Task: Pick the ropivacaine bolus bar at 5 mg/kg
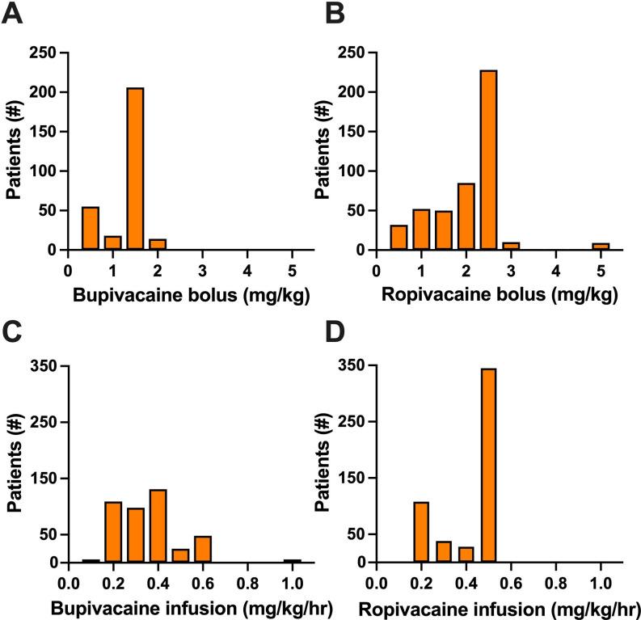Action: [x=600, y=247]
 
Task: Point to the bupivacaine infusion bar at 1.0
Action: [x=293, y=560]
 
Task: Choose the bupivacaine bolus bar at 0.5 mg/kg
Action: [x=91, y=229]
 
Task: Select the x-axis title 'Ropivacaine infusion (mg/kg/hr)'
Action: [x=496, y=605]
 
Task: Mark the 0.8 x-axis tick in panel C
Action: [x=247, y=580]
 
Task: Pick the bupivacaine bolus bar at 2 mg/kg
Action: [x=158, y=245]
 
